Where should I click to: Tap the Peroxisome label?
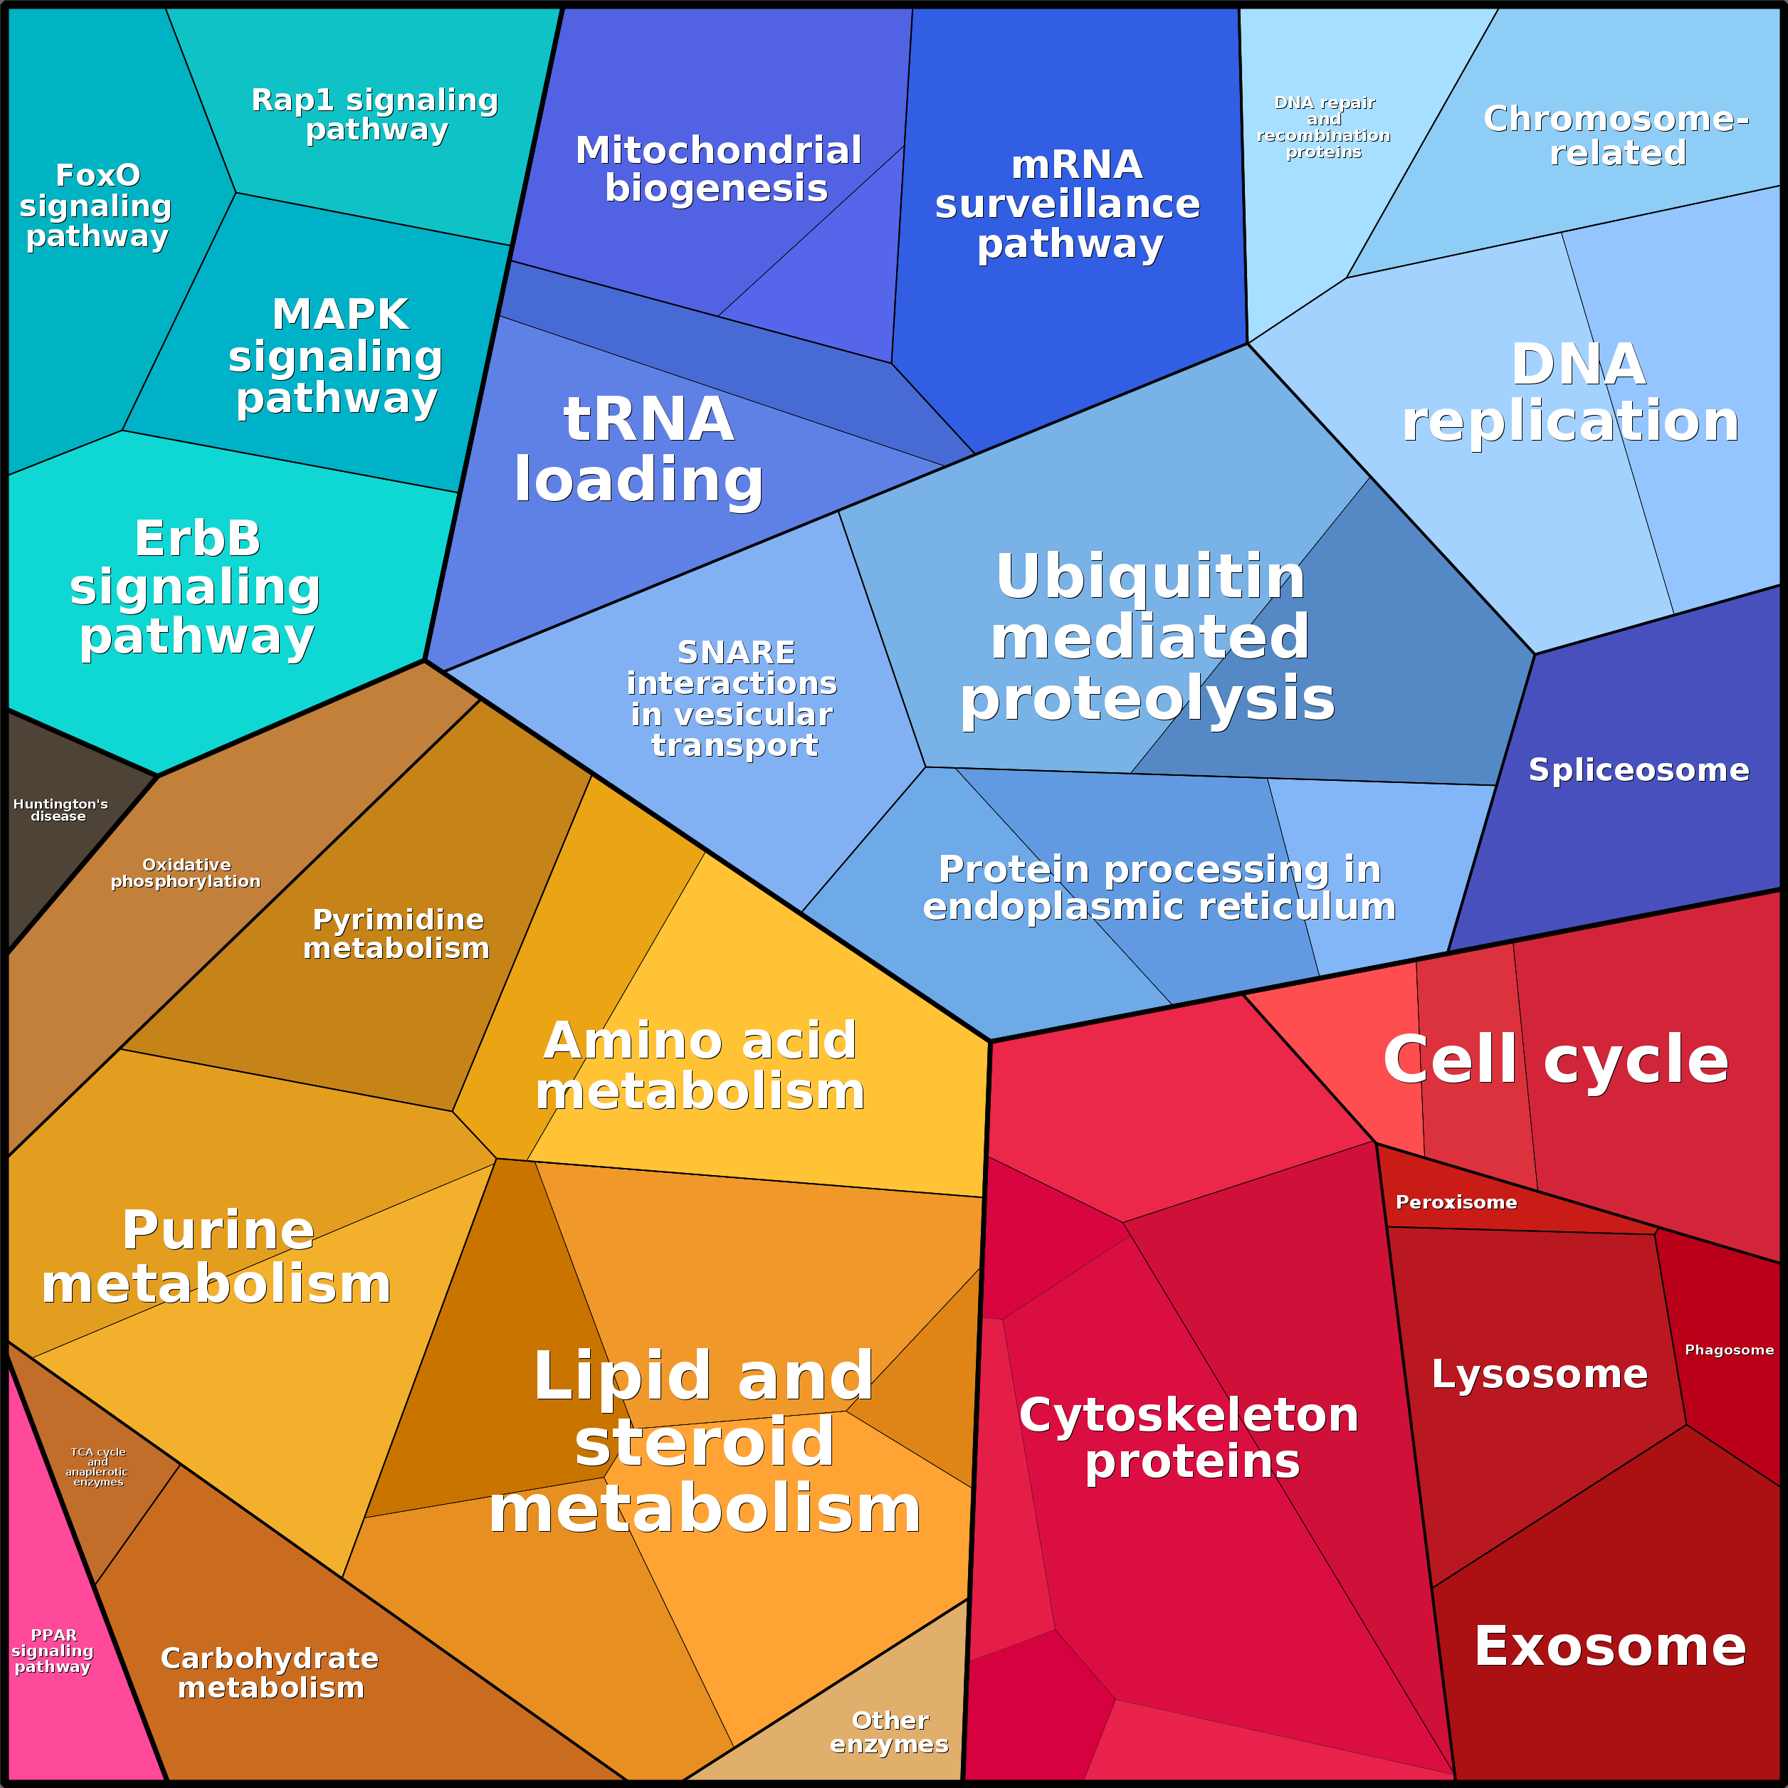tap(1456, 1202)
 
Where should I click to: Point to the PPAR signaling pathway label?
tap(53, 1651)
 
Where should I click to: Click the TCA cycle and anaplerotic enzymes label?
tap(98, 1467)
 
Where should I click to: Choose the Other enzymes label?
tap(889, 1732)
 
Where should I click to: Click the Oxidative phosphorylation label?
tap(186, 873)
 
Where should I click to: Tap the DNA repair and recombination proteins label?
tap(1323, 127)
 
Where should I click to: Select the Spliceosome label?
tap(1638, 770)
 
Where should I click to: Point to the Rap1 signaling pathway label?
tap(375, 114)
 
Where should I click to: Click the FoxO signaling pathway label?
tap(96, 206)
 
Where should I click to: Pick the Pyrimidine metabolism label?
tap(397, 934)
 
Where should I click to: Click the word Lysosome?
tap(1539, 1374)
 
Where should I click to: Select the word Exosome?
tap(1610, 1646)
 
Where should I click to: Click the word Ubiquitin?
tap(1150, 577)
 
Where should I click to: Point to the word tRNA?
tap(648, 419)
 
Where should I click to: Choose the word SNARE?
tap(736, 653)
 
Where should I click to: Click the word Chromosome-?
tap(1616, 118)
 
